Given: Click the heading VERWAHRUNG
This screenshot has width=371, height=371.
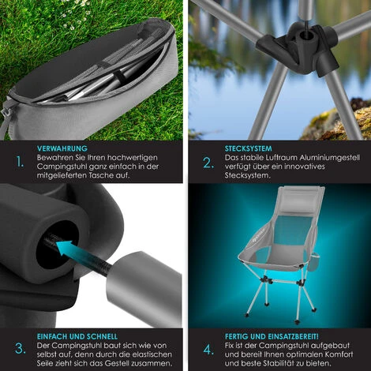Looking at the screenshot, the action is [62, 148].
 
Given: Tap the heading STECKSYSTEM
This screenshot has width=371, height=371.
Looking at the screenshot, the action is [248, 148].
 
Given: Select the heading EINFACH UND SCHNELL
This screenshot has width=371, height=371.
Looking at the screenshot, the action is [77, 336].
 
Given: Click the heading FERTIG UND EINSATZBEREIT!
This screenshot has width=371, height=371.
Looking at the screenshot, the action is [272, 336].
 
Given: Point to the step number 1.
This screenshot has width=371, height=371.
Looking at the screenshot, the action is [20, 162].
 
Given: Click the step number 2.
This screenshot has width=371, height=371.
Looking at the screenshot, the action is [208, 163].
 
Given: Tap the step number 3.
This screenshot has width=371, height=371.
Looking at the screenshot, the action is [21, 349].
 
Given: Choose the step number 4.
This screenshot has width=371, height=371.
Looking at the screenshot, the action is [208, 350].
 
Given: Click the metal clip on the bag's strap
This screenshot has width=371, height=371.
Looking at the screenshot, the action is [6, 113].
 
